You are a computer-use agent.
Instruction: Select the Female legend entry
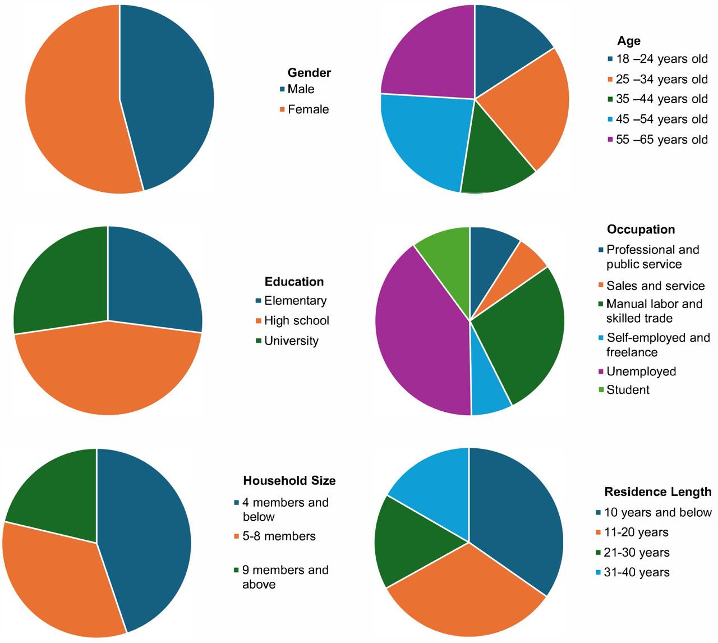[x=308, y=109]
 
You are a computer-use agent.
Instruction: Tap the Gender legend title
[x=309, y=72]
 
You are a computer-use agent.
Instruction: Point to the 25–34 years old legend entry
[x=661, y=79]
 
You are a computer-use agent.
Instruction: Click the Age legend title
[x=629, y=40]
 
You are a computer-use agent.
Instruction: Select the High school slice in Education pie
[x=107, y=370]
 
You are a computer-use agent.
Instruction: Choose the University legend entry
[x=291, y=341]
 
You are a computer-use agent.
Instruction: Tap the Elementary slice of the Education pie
[x=154, y=281]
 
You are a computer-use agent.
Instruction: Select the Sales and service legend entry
[x=655, y=286]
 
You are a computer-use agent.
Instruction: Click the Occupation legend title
[x=641, y=229]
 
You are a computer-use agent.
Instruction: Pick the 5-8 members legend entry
[x=278, y=536]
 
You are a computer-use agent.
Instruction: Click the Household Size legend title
[x=289, y=480]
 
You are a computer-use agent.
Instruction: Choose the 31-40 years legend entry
[x=637, y=572]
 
